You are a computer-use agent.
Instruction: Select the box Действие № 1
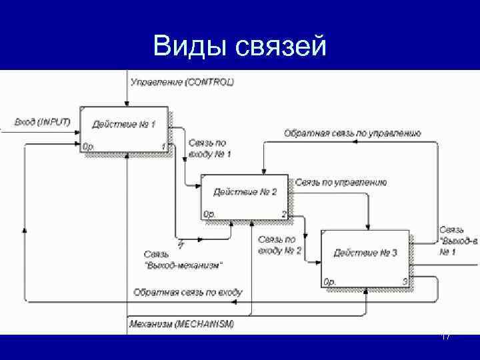click(x=123, y=129)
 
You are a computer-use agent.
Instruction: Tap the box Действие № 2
click(x=245, y=197)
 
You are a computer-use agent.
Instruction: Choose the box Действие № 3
click(x=365, y=257)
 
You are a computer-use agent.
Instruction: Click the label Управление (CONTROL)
click(x=182, y=82)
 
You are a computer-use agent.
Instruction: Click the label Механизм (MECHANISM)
click(x=181, y=325)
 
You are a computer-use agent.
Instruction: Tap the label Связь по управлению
click(x=341, y=182)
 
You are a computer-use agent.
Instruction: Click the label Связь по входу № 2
click(x=279, y=245)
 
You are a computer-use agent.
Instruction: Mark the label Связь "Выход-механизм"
click(x=183, y=259)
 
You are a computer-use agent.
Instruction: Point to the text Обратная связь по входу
click(x=188, y=292)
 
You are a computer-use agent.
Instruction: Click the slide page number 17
click(x=447, y=337)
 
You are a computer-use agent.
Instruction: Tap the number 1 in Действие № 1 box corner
click(x=163, y=146)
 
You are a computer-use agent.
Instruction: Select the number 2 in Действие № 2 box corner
click(x=284, y=214)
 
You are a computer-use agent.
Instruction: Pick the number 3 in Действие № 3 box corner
click(x=405, y=282)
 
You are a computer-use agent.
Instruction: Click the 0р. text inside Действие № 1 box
click(x=88, y=146)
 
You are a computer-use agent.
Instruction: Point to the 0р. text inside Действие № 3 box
click(x=329, y=282)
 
